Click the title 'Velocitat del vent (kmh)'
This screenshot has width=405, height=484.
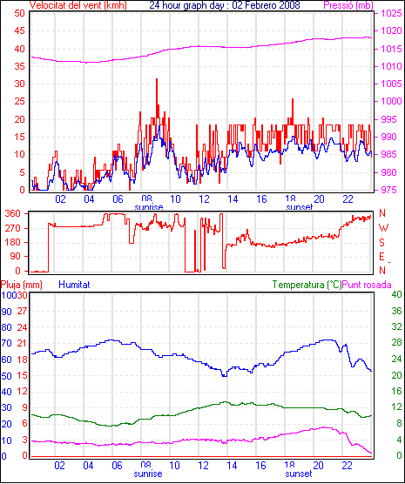click(78, 5)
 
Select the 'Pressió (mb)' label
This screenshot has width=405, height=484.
click(348, 5)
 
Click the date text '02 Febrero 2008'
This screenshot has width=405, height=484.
click(266, 5)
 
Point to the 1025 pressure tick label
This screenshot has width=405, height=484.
click(391, 13)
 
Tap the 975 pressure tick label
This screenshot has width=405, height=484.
click(389, 190)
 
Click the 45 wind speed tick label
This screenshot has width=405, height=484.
click(20, 30)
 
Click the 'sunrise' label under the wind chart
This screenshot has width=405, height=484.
click(149, 207)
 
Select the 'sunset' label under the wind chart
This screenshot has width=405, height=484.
click(300, 207)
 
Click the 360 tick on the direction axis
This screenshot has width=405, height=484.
click(13, 213)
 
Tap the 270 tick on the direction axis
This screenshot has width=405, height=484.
click(13, 229)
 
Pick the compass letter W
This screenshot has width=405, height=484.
click(383, 228)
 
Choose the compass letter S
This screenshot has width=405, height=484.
click(381, 243)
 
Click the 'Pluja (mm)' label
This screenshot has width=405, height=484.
click(21, 285)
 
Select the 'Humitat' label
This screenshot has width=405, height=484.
click(74, 285)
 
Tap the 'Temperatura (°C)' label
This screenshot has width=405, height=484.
click(307, 285)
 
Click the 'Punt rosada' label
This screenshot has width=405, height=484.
click(367, 285)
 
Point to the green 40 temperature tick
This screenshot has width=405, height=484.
click(396, 294)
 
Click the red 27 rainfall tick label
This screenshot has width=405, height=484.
click(22, 311)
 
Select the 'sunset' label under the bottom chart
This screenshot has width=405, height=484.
click(299, 474)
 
